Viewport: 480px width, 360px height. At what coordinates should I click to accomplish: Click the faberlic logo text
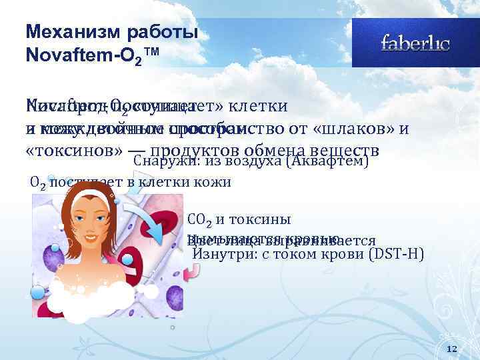(x=415, y=45)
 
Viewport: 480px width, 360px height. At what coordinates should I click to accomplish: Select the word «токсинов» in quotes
(x=61, y=150)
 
